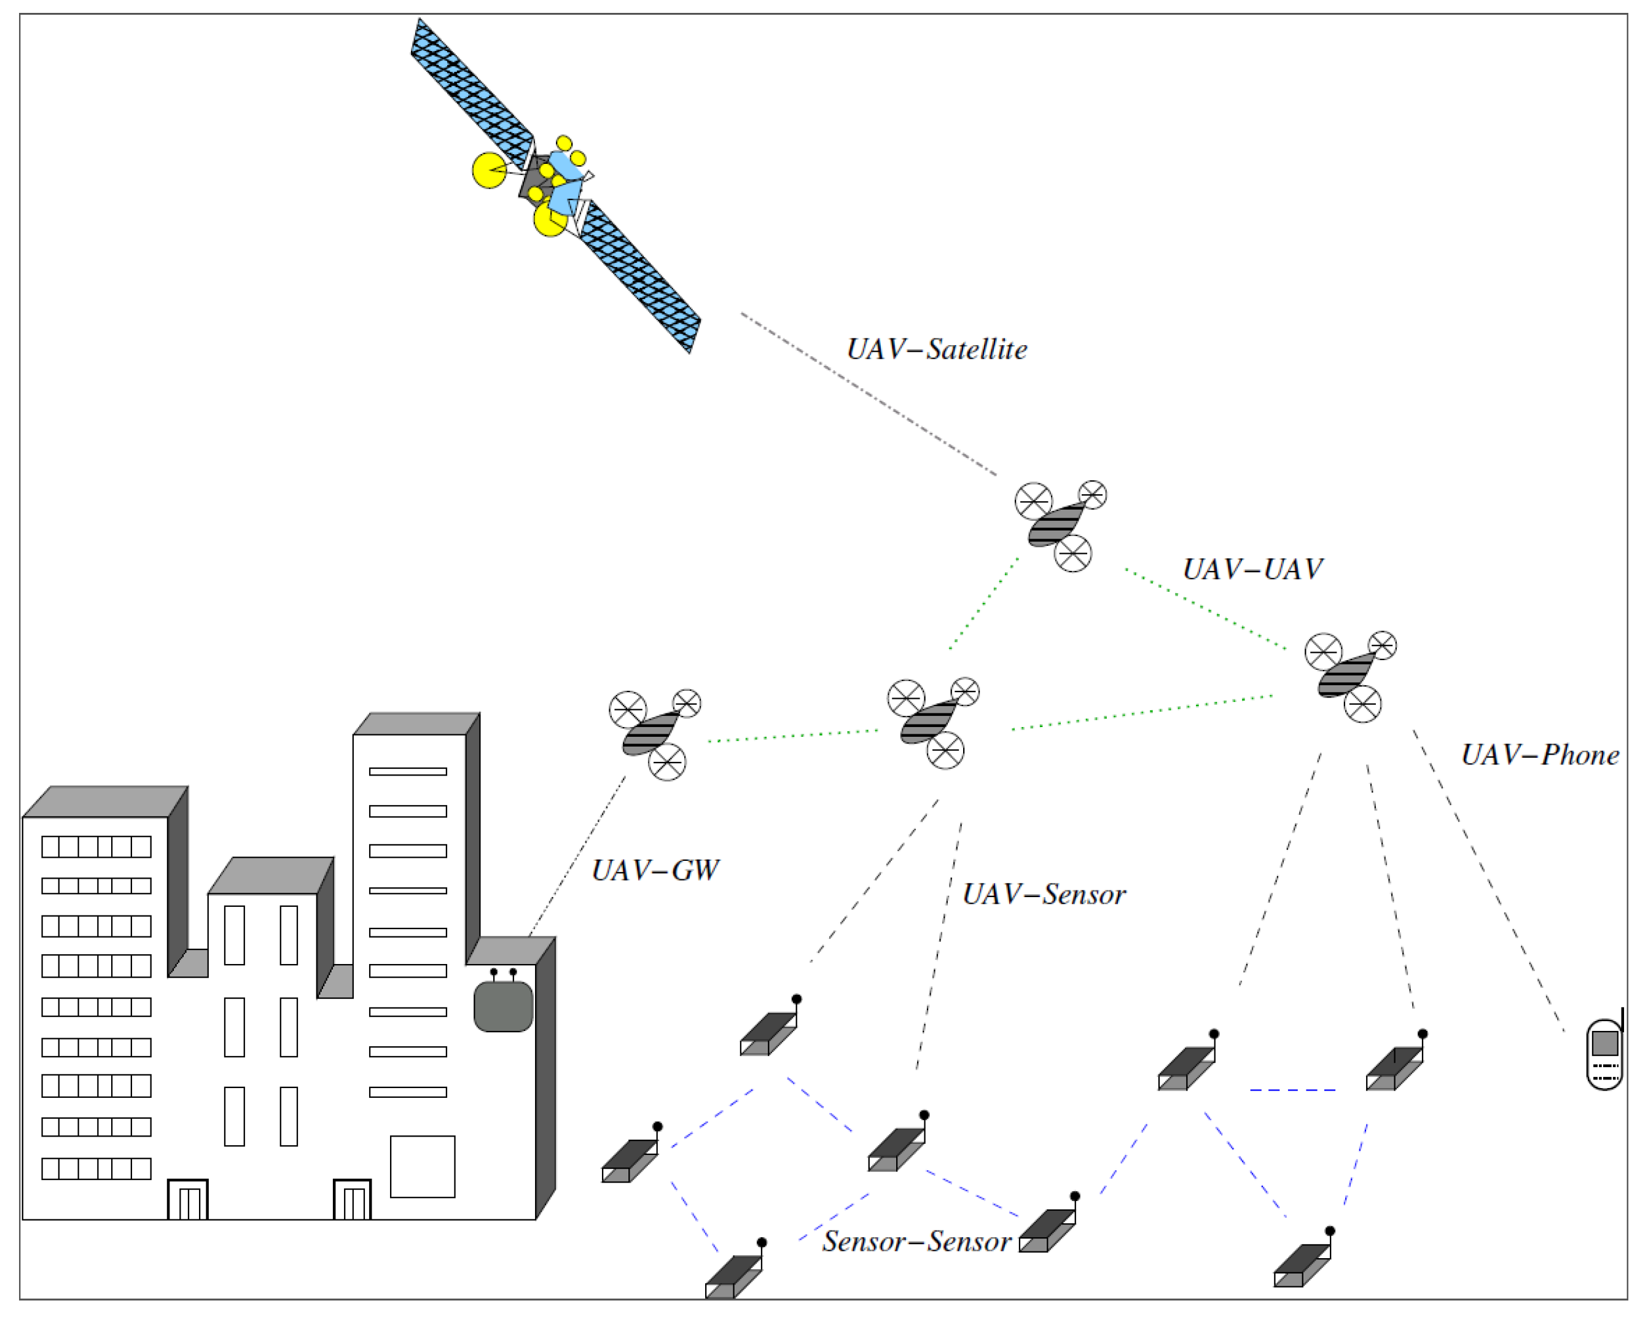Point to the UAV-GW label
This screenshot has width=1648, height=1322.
655,870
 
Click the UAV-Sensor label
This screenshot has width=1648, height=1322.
1044,894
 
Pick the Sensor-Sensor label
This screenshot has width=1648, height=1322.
916,1241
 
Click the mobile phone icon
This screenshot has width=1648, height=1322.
1604,1054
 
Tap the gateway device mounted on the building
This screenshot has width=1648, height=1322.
503,1006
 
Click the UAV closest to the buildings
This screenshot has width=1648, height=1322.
654,734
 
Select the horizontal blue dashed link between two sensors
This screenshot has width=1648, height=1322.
1292,1090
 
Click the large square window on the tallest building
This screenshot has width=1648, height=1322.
422,1166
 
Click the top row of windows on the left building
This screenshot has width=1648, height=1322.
96,847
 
